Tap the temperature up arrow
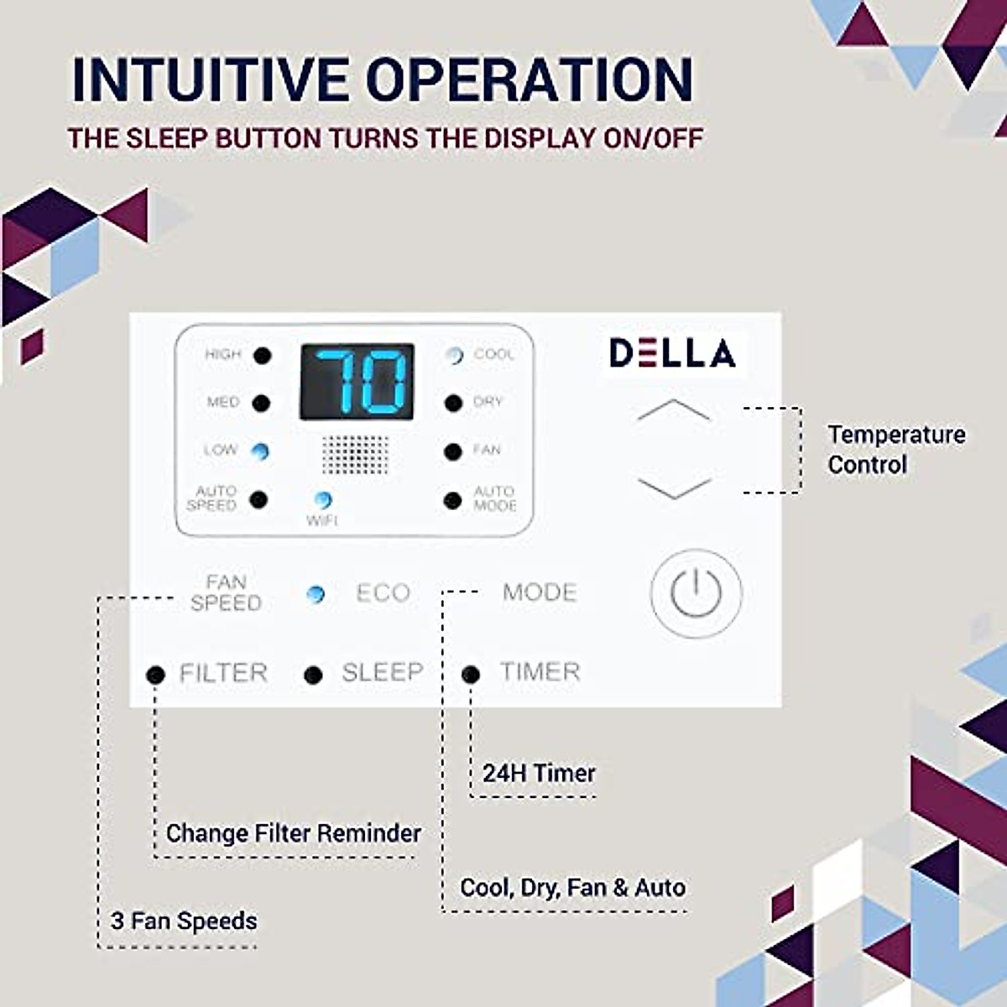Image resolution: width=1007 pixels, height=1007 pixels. click(x=674, y=410)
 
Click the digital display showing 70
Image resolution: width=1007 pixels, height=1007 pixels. click(x=357, y=382)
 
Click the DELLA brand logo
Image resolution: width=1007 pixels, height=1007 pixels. click(x=672, y=353)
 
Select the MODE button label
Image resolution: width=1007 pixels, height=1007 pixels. click(x=540, y=592)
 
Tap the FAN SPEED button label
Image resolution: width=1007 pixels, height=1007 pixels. click(x=226, y=592)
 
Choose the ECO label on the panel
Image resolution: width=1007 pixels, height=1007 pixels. click(x=383, y=593)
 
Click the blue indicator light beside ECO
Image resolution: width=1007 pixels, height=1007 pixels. click(x=316, y=594)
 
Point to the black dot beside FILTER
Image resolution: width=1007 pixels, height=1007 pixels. click(x=155, y=674)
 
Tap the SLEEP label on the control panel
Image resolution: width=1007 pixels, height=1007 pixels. click(x=382, y=672)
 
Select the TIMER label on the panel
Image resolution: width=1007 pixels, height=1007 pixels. click(x=540, y=672)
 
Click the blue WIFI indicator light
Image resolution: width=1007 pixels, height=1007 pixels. click(x=322, y=500)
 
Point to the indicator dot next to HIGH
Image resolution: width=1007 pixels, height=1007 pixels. click(x=263, y=355)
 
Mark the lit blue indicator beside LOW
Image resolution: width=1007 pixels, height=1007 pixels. click(x=261, y=451)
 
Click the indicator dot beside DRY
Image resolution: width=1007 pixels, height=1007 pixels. click(x=453, y=404)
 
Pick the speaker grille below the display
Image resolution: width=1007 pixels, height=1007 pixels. click(x=356, y=454)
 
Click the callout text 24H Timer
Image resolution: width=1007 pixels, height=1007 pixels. click(x=539, y=773)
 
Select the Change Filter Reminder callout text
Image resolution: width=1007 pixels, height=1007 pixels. click(x=294, y=833)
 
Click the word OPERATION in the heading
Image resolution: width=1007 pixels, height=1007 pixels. click(x=530, y=81)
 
